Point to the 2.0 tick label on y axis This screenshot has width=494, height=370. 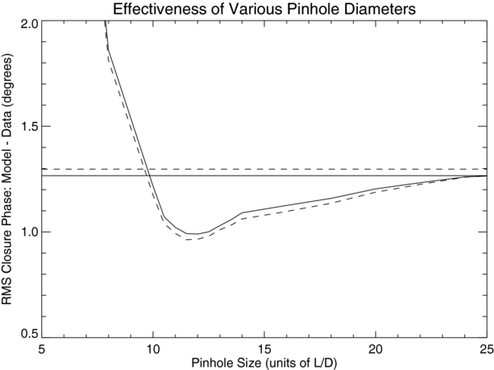click(27, 22)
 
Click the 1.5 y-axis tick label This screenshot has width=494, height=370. click(27, 127)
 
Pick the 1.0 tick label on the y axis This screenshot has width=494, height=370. click(27, 232)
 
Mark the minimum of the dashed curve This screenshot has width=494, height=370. click(189, 240)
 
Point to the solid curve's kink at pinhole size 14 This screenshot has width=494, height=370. click(242, 213)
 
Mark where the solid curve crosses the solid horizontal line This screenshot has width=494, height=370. click(147, 176)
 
